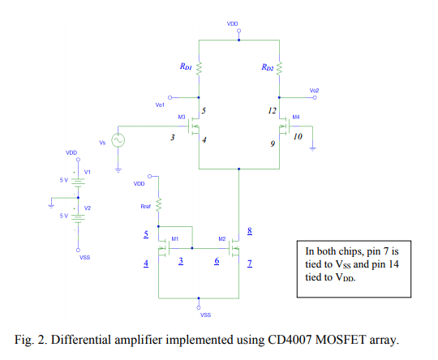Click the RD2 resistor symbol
coord(279,69)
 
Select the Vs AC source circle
coord(118,140)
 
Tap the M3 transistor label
coord(182,117)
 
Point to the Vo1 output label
coord(160,105)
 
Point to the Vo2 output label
coord(314,90)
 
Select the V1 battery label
coord(88,172)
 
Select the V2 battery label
coord(88,208)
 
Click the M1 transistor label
coord(174,239)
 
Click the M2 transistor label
coord(221,239)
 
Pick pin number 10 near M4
coord(298,137)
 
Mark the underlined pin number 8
coord(250,231)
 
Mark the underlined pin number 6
coord(217,261)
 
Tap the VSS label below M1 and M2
coord(206,314)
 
